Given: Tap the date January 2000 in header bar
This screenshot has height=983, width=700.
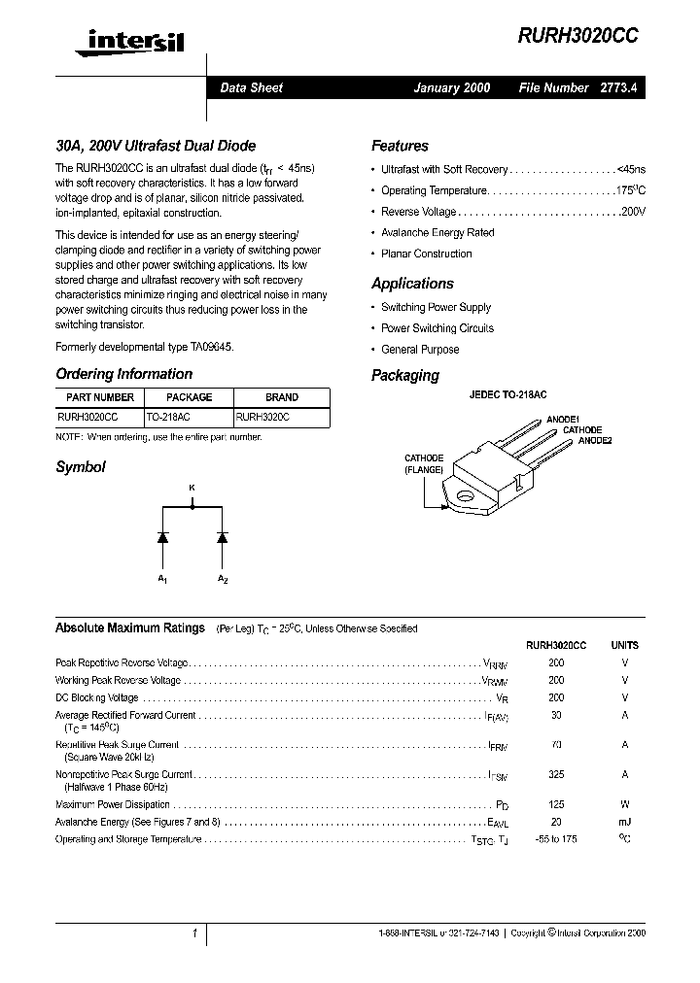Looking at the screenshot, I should (x=452, y=87).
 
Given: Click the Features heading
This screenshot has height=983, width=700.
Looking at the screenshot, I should (x=400, y=146).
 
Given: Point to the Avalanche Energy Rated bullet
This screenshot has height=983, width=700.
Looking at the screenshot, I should (x=437, y=233).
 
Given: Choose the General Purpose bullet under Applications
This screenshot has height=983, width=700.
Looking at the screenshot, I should (x=420, y=350).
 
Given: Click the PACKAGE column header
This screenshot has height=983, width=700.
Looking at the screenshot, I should (x=189, y=397).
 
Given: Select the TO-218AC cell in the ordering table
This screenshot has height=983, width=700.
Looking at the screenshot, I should (x=168, y=416).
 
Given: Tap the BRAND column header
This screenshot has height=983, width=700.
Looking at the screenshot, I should (x=282, y=397).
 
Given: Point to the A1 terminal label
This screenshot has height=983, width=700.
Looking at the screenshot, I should (x=162, y=580).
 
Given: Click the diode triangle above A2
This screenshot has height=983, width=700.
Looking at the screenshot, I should (x=222, y=536).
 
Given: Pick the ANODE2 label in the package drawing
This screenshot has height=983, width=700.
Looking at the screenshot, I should (x=595, y=441).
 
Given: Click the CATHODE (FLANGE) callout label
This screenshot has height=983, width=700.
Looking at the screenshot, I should (x=424, y=464).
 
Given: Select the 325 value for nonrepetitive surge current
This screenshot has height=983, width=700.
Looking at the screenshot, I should (x=556, y=775).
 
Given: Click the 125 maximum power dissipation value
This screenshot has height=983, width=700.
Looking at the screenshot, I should (x=556, y=804).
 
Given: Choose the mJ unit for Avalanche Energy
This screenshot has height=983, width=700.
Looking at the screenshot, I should (x=624, y=822).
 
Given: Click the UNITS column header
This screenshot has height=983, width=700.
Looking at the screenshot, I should (x=624, y=645).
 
